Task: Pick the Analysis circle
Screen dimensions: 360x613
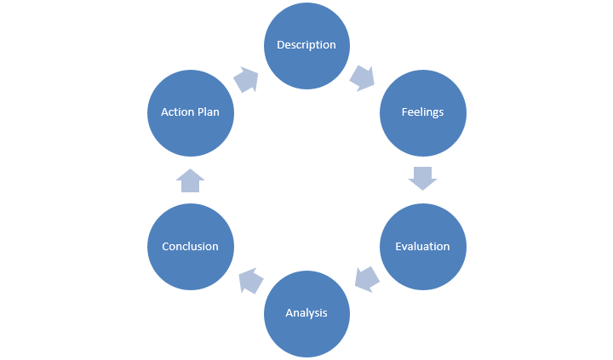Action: [x=306, y=312]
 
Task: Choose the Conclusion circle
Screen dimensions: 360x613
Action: [x=190, y=246]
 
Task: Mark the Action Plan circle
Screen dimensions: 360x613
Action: [x=190, y=112]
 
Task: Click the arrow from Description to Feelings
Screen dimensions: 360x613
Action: [x=363, y=78]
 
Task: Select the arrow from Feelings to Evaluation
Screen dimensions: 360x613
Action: [x=422, y=178]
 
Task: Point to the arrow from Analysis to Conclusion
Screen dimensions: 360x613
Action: [x=250, y=280]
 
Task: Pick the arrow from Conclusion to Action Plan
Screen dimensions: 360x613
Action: [x=190, y=180]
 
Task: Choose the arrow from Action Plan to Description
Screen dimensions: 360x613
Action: [x=246, y=79]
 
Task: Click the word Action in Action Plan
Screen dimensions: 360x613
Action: [x=177, y=112]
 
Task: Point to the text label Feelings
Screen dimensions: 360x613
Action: [x=422, y=112]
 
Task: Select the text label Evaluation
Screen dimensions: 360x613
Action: [x=422, y=247]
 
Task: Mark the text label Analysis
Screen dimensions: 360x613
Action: [x=306, y=313]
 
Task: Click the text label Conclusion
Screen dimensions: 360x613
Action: [x=190, y=247]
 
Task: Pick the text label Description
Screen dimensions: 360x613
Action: [x=306, y=45]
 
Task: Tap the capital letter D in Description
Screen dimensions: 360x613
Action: [x=280, y=45]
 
